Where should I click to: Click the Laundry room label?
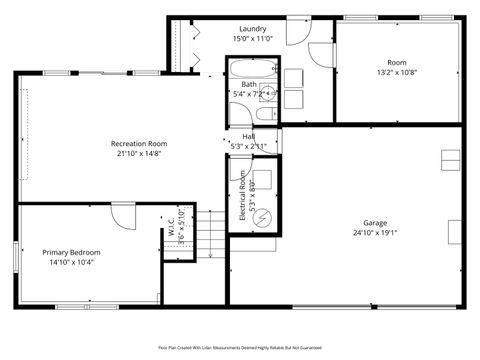[x=252, y=28]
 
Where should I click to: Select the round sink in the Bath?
[x=268, y=94]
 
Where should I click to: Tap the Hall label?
[x=247, y=136]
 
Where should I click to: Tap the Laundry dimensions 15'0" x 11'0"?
[x=252, y=38]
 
